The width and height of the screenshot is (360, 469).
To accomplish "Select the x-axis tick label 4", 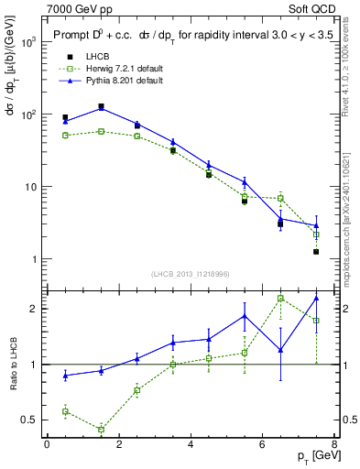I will pyautogui.click(x=190, y=445).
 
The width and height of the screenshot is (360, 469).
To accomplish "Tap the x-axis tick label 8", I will pyautogui.click(x=333, y=445).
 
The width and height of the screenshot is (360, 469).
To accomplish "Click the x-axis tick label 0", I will pyautogui.click(x=47, y=445).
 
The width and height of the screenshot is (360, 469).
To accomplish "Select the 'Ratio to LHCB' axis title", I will pyautogui.click(x=12, y=365).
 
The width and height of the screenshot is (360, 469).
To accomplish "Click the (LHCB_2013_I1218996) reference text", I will pyautogui.click(x=191, y=275).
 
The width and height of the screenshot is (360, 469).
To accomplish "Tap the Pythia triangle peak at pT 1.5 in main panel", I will pyautogui.click(x=101, y=108).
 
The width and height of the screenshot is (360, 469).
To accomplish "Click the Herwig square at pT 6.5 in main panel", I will pyautogui.click(x=280, y=199).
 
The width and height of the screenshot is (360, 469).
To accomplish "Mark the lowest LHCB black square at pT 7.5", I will pyautogui.click(x=316, y=251).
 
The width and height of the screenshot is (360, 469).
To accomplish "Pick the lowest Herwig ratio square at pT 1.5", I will pyautogui.click(x=101, y=429).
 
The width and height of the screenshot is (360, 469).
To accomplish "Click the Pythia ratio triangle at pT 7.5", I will pyautogui.click(x=316, y=298).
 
